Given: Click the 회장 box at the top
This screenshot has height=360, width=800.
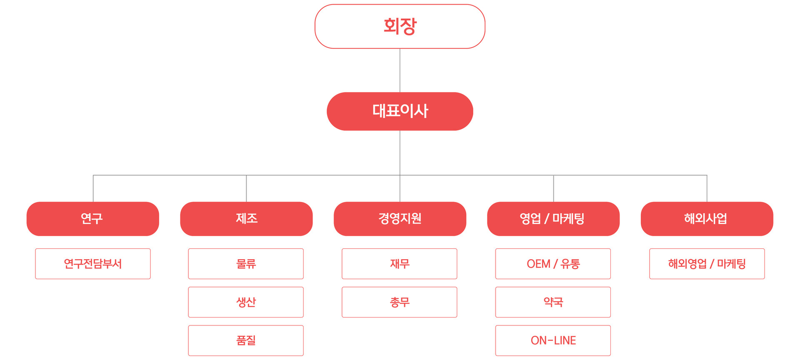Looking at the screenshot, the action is tap(400, 26).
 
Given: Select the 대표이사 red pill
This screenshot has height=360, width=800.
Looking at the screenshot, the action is tap(400, 111).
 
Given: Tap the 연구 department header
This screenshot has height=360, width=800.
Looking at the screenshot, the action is tap(93, 219).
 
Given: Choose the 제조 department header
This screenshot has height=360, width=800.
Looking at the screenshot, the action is tap(246, 219).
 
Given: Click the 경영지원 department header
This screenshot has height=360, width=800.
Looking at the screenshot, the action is tap(400, 219).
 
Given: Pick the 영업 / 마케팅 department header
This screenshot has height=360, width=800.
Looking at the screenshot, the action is tap(553, 219).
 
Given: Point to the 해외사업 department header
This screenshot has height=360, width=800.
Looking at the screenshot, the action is tap(707, 219).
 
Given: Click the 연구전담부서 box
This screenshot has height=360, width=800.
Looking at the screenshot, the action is tap(93, 264).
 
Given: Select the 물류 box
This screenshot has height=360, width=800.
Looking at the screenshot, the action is tap(246, 264).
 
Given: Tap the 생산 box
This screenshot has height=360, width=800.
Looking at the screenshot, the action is tap(246, 302).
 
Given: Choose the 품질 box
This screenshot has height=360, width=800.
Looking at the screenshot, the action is tap(246, 340).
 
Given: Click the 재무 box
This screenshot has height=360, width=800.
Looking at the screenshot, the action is tap(400, 264).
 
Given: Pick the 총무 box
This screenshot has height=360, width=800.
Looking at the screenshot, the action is tap(400, 302).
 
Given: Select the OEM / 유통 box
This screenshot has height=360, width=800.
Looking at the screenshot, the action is tap(553, 264).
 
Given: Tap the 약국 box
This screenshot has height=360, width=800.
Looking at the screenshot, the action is tap(553, 302).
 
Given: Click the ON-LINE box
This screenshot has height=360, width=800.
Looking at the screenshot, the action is tap(553, 340).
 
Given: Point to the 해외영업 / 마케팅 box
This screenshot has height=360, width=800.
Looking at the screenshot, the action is tap(707, 264).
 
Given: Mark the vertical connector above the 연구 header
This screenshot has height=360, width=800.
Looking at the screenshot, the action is tap(93, 189).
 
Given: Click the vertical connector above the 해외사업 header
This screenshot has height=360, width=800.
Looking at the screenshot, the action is tap(707, 189).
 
